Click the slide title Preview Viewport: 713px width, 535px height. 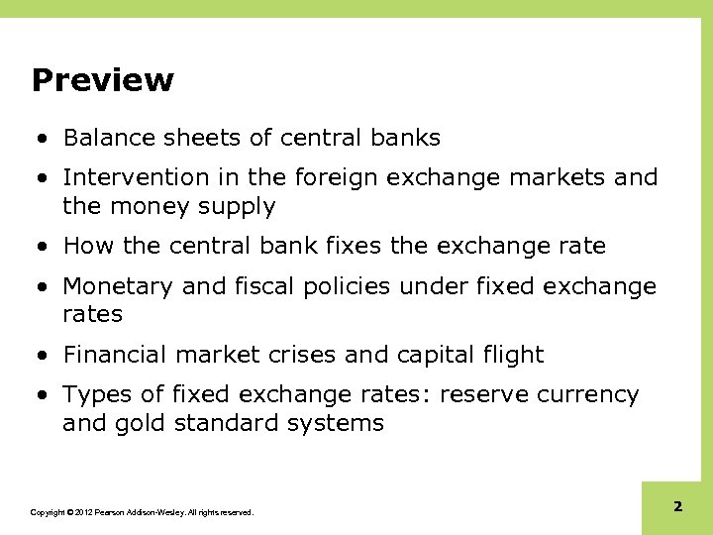102,80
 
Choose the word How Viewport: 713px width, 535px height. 86,246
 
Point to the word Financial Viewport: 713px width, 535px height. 115,355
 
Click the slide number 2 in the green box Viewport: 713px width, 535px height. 677,507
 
